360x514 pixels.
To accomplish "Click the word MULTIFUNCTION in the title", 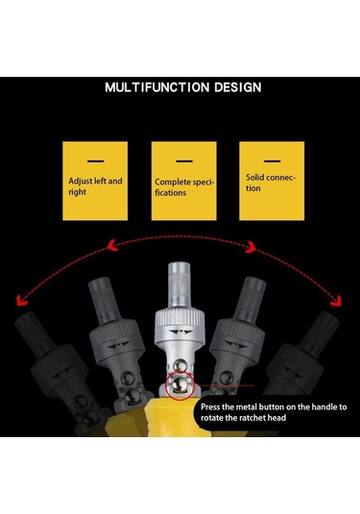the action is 156,87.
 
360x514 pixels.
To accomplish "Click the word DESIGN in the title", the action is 238,87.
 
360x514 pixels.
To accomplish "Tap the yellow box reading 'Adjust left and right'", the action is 95,181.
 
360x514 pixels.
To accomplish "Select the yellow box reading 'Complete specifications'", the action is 183,181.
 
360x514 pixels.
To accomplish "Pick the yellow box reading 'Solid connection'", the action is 272,181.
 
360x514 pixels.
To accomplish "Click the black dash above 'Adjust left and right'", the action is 96,161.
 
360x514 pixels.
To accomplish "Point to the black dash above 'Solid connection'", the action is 273,161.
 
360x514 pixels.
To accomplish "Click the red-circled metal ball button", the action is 180,384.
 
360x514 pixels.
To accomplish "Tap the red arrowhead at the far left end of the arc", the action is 21,300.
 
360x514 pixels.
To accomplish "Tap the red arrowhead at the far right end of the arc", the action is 336,301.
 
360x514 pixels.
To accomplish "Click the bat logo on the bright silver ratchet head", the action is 180,331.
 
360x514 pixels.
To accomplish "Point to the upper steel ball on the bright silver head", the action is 180,365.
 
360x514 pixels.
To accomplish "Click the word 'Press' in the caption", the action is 210,407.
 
